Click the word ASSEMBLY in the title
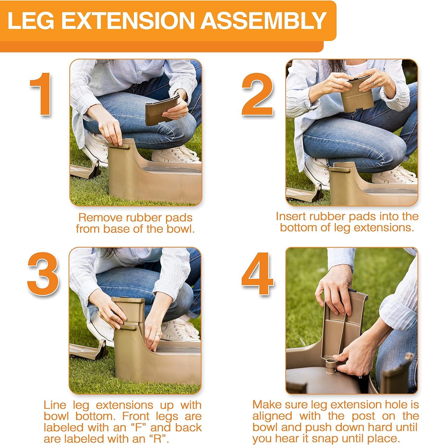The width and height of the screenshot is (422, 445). tap(264, 20)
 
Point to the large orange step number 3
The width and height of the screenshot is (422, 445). tap(43, 274)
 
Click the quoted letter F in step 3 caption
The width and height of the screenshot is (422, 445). tap(137, 427)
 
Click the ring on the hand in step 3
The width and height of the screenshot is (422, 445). tap(158, 334)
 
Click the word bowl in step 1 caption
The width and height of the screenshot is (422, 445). tap(181, 229)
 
